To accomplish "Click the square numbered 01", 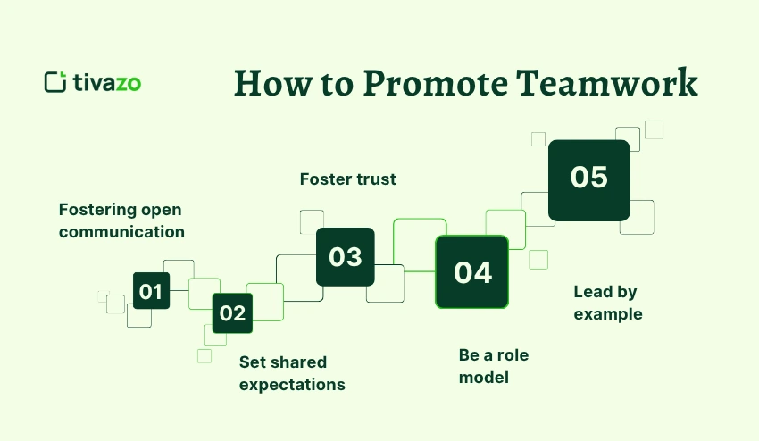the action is [x=152, y=290].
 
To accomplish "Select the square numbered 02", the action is [x=232, y=312].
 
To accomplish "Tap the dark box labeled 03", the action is [x=346, y=256].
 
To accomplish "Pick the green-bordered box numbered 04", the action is [x=472, y=271].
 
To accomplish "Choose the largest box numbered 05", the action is [x=589, y=180].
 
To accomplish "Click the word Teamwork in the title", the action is [x=607, y=83].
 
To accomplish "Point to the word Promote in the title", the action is [x=435, y=83].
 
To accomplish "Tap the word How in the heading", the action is [x=273, y=83].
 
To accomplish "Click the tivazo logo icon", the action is [x=55, y=82].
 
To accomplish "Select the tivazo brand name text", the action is [x=107, y=83].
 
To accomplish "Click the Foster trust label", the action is [x=347, y=179].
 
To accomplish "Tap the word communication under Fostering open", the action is [x=121, y=232].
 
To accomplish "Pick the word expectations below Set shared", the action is [x=292, y=385].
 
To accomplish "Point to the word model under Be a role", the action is [x=484, y=377].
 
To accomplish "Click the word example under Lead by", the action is [x=608, y=314].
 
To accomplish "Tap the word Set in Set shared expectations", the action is [x=250, y=362].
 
